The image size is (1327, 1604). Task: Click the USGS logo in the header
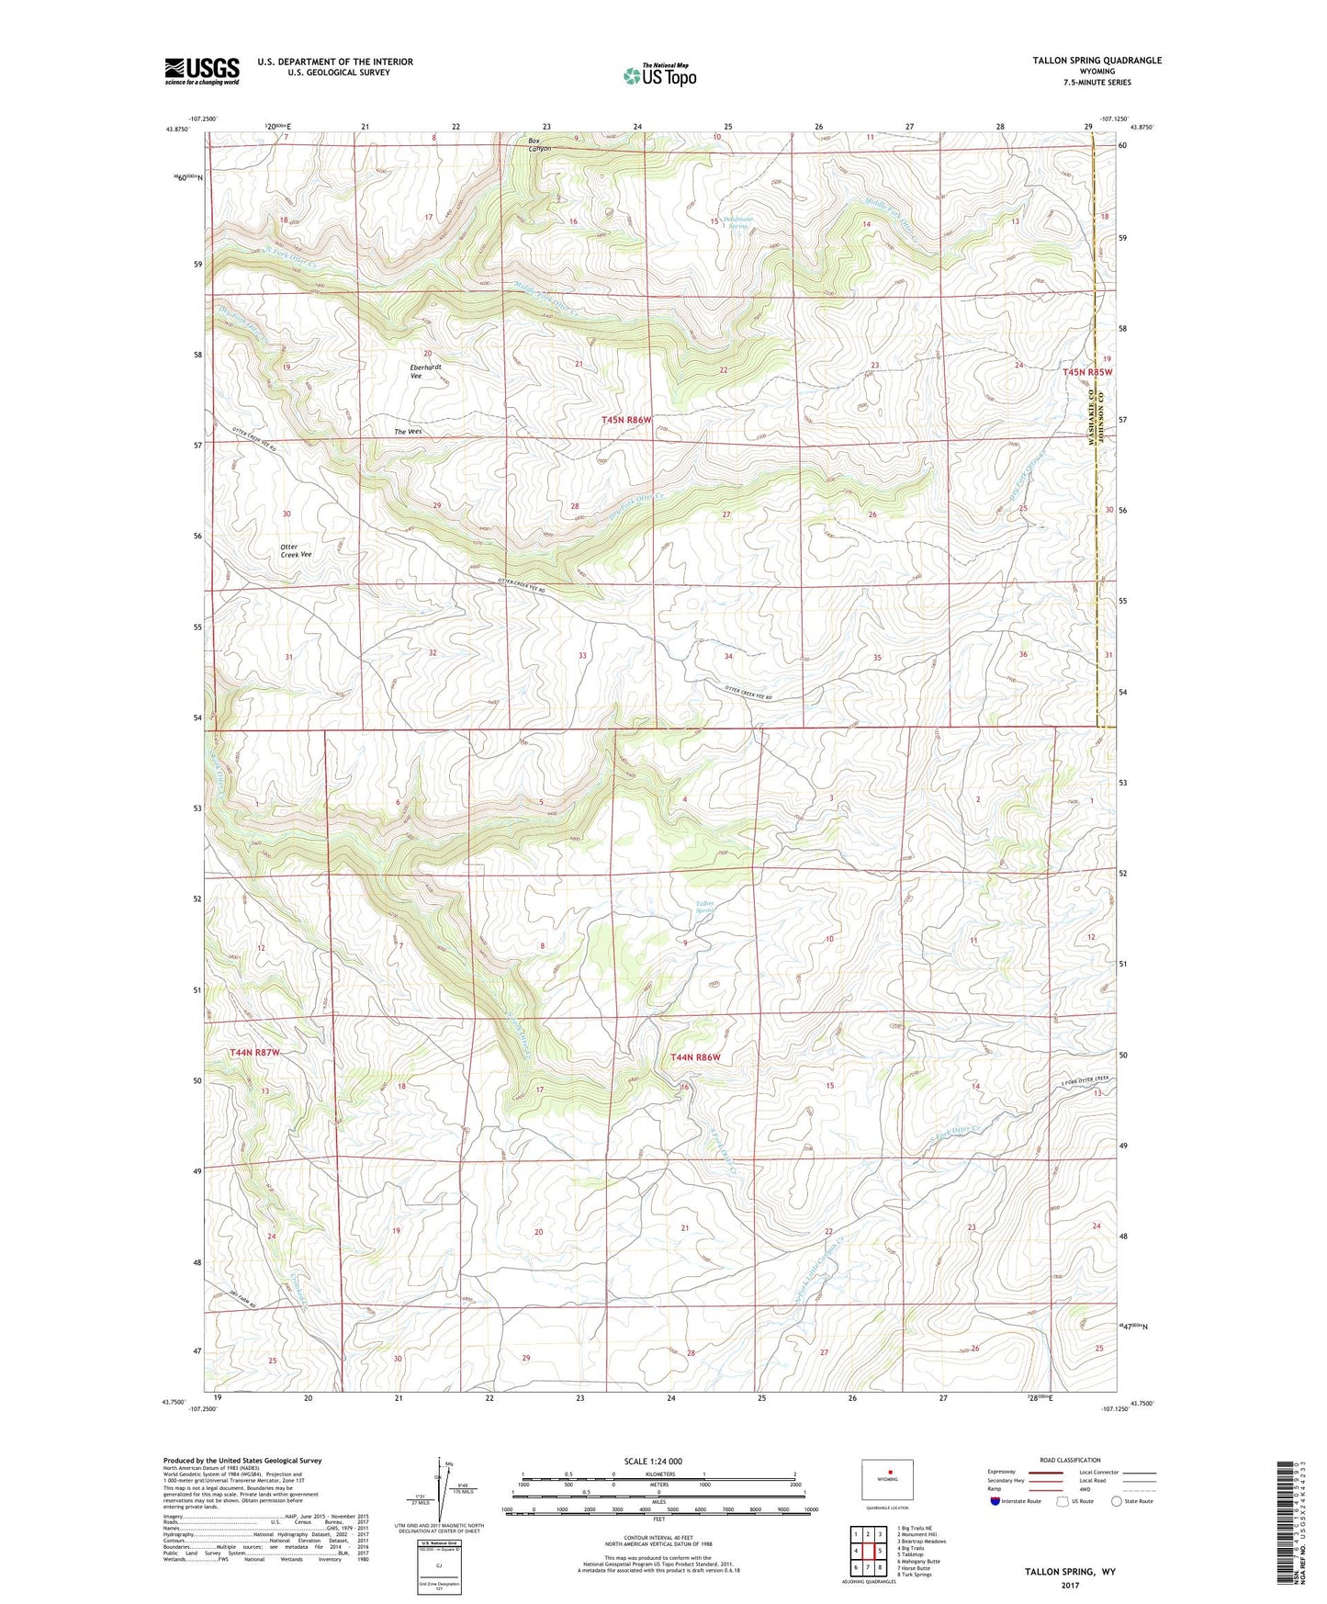coord(202,71)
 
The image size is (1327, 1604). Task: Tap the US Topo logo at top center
coord(658,75)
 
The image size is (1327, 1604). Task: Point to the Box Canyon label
coord(539,144)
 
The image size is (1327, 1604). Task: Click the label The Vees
coord(408,432)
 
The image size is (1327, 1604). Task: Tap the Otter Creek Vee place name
coord(296,551)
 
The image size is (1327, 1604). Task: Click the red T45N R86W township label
coord(626,420)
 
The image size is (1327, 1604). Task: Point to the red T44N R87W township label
coord(254,1052)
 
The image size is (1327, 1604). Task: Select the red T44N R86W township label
coord(695,1057)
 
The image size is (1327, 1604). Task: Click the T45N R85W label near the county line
coord(1086,372)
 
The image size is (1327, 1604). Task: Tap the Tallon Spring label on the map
coord(705,908)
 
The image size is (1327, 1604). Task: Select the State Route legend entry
coord(1131,1501)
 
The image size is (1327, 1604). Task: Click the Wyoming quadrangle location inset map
coord(886,1480)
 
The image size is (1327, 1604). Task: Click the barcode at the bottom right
coord(1287,1525)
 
